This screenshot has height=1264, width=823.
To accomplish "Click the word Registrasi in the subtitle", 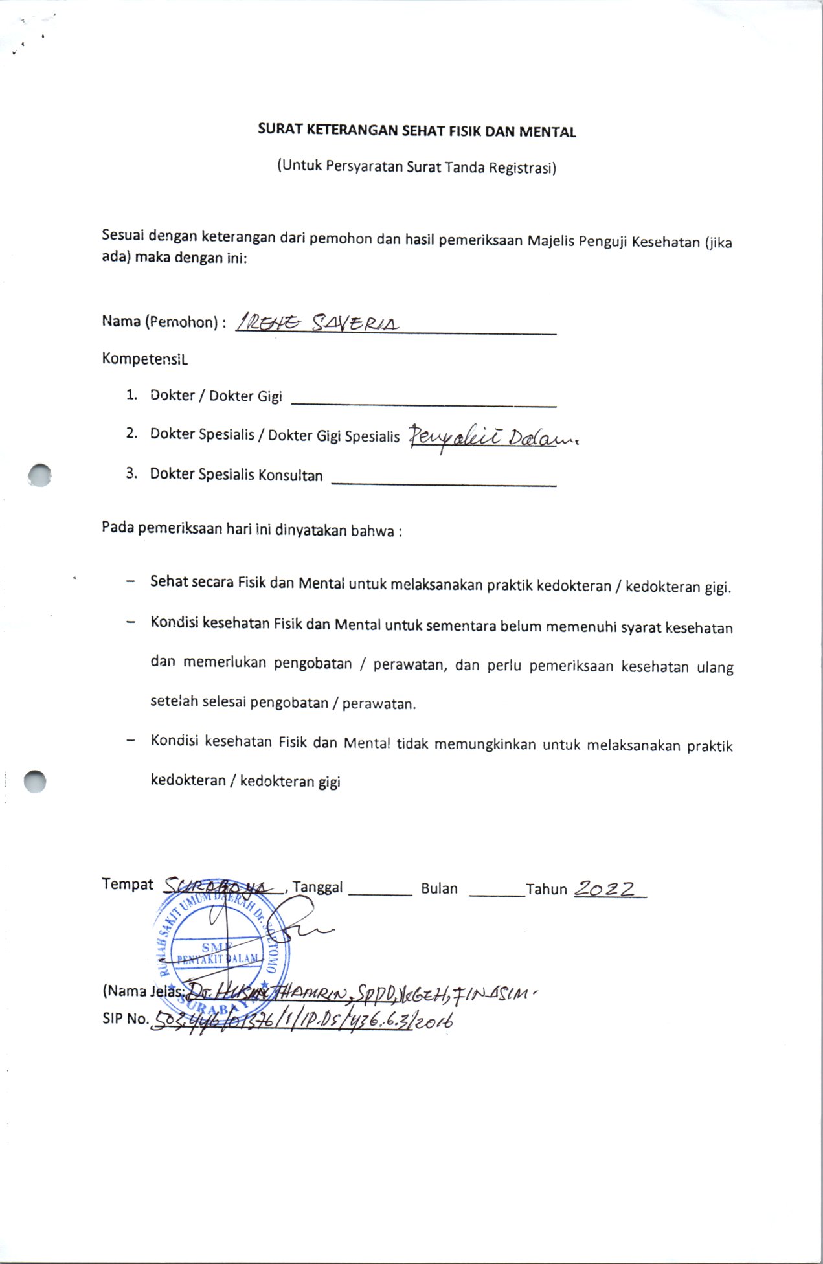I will pyautogui.click(x=522, y=168).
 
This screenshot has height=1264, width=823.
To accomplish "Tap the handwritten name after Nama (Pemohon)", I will pyautogui.click(x=317, y=323).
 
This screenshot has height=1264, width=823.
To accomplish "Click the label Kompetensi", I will pyautogui.click(x=144, y=359).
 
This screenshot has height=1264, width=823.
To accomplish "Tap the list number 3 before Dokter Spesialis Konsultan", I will pyautogui.click(x=131, y=473).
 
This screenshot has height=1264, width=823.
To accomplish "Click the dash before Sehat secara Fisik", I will pyautogui.click(x=131, y=581).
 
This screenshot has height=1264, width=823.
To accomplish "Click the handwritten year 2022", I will pyautogui.click(x=606, y=889).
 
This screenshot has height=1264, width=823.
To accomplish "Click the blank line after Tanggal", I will pyautogui.click(x=380, y=893).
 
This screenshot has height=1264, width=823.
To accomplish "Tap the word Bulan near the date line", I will pyautogui.click(x=439, y=888).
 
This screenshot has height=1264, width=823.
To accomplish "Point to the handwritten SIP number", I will pyautogui.click(x=301, y=1021).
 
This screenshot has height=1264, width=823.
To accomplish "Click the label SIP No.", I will pyautogui.click(x=125, y=1019).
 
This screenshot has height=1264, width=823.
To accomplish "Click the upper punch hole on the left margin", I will pyautogui.click(x=39, y=475).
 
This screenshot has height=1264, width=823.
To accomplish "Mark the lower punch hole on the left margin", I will pyautogui.click(x=35, y=782).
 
